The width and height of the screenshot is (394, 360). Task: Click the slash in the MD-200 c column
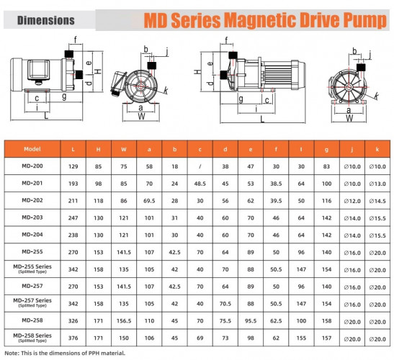tap(200, 166)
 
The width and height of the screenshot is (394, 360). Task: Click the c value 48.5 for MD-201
tap(200, 183)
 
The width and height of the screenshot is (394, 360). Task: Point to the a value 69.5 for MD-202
tap(149, 200)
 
